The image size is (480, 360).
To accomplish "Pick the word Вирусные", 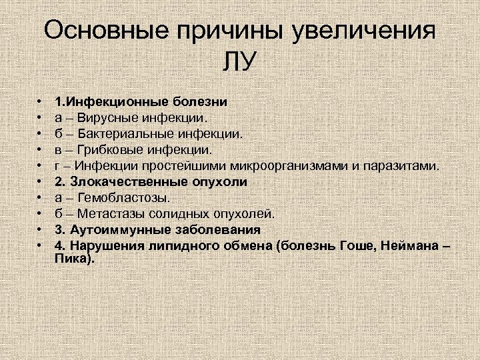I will point(107,118).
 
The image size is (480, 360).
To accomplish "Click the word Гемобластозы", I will point(124,198).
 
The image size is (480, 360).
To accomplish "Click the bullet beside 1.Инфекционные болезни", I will point(40,102).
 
